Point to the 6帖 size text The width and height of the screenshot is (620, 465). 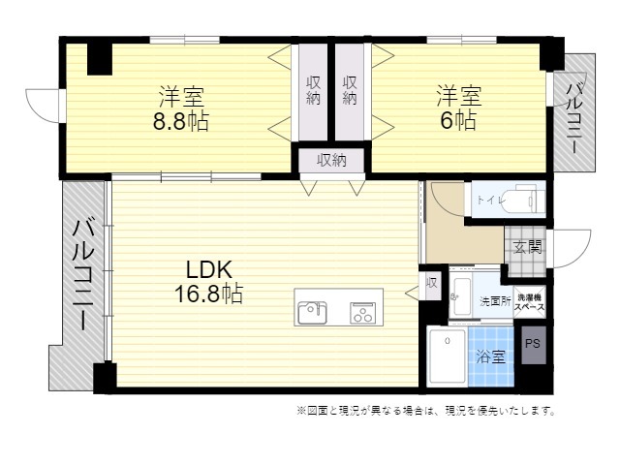[x=458, y=122]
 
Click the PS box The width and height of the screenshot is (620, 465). [x=532, y=343]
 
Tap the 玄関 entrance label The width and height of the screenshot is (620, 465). [x=528, y=247]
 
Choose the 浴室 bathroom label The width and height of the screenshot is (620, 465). [x=490, y=356]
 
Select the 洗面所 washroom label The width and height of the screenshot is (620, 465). [x=495, y=301]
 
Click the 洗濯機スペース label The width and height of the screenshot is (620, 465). [x=530, y=301]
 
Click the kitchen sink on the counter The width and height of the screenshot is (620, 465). [x=313, y=313]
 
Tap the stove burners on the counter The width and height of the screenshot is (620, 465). [x=362, y=312]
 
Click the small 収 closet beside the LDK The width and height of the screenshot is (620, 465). [x=431, y=284]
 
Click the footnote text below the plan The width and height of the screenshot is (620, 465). [x=427, y=411]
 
